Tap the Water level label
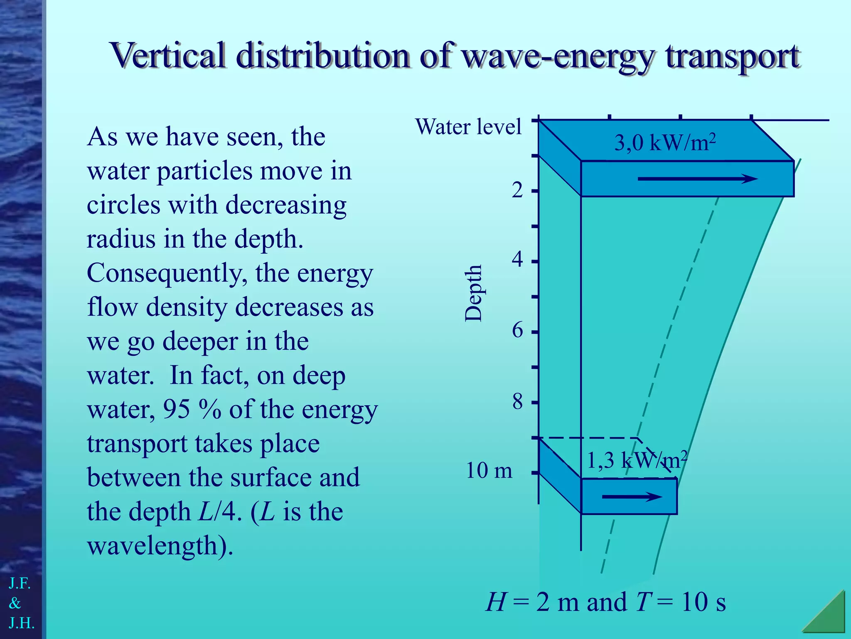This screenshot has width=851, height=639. click(x=468, y=126)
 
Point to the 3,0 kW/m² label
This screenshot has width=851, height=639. click(x=665, y=143)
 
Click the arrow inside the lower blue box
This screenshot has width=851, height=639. click(x=632, y=496)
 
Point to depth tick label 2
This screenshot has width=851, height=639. click(x=517, y=191)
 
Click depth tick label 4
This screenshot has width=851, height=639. click(x=517, y=260)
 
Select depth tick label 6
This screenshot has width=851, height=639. click(x=517, y=331)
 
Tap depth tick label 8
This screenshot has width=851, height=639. click(x=517, y=402)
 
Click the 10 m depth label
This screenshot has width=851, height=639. click(x=489, y=471)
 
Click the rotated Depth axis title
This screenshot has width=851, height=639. click(x=473, y=293)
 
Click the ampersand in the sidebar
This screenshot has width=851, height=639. click(x=15, y=603)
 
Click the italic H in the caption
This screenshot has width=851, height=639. click(x=495, y=602)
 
